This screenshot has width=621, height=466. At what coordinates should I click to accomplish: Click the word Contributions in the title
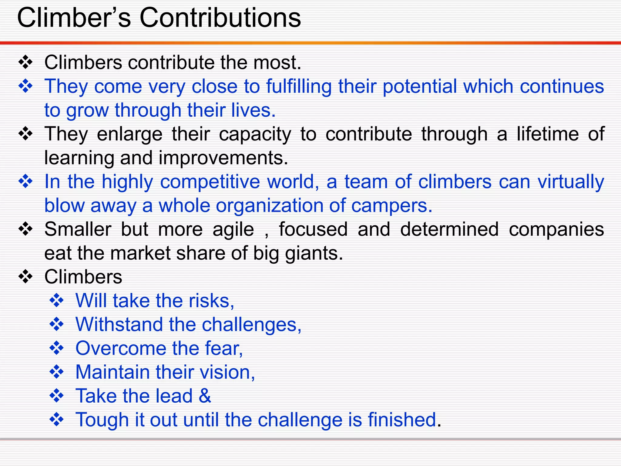[220, 18]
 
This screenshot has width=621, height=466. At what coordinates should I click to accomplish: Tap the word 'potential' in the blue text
[420, 86]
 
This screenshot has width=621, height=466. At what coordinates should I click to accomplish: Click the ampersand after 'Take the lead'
[205, 396]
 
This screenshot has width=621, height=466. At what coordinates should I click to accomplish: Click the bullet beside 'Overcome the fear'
[57, 348]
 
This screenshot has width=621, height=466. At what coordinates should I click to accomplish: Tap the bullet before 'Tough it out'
[57, 420]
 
